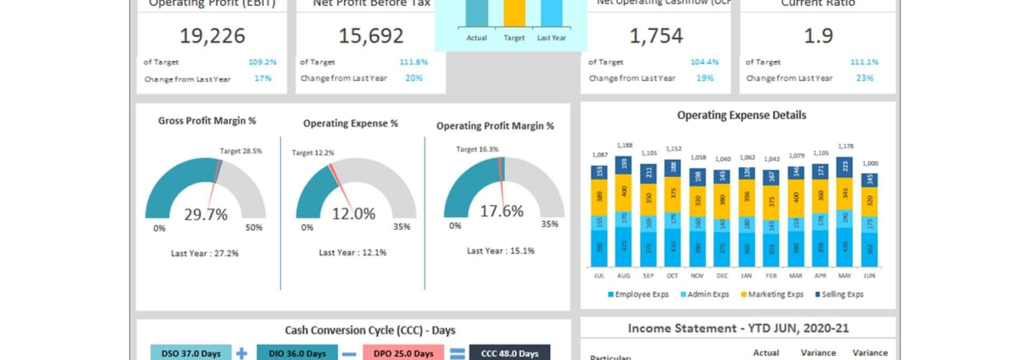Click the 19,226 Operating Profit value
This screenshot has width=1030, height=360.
coord(212,36)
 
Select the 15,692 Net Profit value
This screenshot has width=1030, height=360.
coord(370,36)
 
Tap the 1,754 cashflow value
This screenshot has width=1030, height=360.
coord(655,36)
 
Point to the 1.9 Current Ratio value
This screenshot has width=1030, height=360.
coord(818,36)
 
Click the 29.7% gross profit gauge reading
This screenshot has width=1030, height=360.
coord(206,214)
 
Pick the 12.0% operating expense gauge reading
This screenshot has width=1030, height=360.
coord(353,214)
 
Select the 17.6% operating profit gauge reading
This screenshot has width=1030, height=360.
coord(501,211)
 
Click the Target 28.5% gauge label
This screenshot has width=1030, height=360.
coord(241,151)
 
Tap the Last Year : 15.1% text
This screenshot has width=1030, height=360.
coord(501,251)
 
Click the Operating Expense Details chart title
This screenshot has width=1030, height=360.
coord(741,115)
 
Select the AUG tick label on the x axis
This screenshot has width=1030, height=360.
coord(624,276)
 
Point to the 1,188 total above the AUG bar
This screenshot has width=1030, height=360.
coord(624,146)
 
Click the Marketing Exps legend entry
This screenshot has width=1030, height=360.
coord(772,294)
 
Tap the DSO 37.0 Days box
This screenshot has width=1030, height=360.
coord(191,353)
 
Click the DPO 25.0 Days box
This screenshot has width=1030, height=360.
coord(403,353)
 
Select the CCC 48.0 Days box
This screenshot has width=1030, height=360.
coord(509,353)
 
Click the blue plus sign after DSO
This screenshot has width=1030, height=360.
coord(242,352)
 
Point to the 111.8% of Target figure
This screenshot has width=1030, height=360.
coord(414,62)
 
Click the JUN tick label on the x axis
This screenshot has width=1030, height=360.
coord(869,276)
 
